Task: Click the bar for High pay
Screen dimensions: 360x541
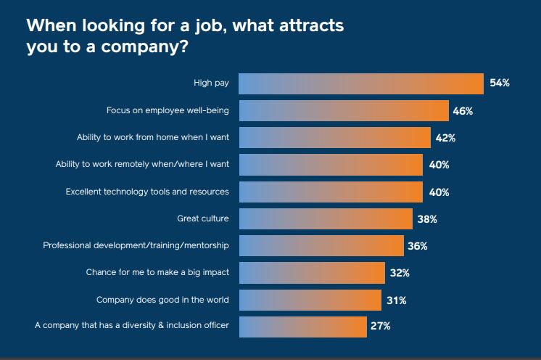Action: click(x=361, y=83)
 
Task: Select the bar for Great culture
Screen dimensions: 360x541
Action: click(x=325, y=218)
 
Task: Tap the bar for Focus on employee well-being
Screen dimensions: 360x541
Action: click(x=344, y=111)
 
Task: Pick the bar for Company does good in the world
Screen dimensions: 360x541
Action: click(x=310, y=300)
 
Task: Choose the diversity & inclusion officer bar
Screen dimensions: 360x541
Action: click(x=302, y=327)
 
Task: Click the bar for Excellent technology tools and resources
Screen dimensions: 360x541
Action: click(x=331, y=192)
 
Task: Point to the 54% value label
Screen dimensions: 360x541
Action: click(x=500, y=83)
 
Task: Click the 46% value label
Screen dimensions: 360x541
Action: click(x=463, y=111)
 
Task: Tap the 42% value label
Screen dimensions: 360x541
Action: click(x=445, y=138)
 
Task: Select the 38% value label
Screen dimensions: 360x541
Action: click(x=426, y=218)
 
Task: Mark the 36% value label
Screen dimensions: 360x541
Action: click(x=417, y=246)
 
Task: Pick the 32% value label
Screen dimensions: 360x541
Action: click(x=400, y=273)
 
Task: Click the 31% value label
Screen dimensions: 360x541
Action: click(x=396, y=300)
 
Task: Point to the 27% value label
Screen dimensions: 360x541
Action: click(x=381, y=327)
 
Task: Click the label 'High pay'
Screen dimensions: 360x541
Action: click(x=211, y=83)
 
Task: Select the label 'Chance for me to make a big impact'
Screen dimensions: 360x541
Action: click(x=158, y=273)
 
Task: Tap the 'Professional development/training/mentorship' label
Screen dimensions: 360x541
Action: click(x=136, y=246)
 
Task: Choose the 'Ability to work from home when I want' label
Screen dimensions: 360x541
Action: click(x=153, y=138)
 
